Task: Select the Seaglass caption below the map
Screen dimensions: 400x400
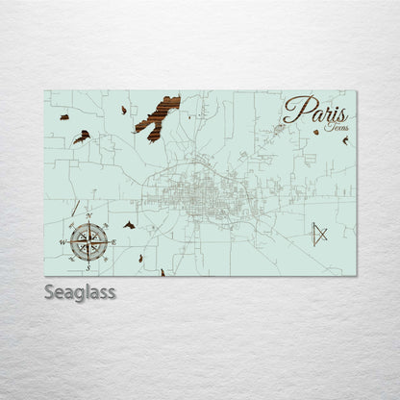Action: pos(80,291)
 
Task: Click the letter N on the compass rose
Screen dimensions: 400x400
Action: pos(88,216)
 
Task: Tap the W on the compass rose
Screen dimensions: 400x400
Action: pos(63,242)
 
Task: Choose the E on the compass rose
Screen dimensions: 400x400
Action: pos(113,242)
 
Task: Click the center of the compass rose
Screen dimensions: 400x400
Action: pos(88,241)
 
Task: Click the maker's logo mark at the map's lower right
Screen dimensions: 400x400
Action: pos(320,234)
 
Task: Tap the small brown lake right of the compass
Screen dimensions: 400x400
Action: pos(129,225)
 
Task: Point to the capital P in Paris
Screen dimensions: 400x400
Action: pos(292,108)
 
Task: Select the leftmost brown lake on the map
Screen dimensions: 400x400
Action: pos(63,117)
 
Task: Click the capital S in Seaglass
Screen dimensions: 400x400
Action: pos(51,291)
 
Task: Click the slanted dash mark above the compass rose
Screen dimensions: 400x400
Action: pos(75,208)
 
